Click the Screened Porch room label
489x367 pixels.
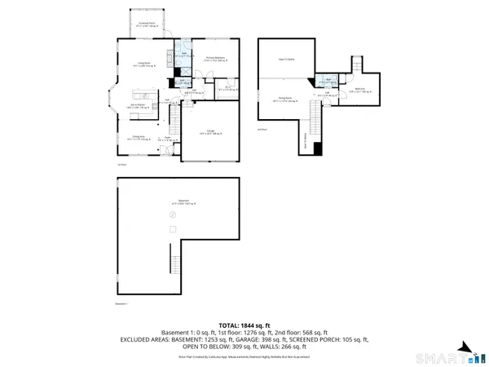(148, 25)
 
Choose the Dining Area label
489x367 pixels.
(139, 137)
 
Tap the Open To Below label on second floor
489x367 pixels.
(286, 59)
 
